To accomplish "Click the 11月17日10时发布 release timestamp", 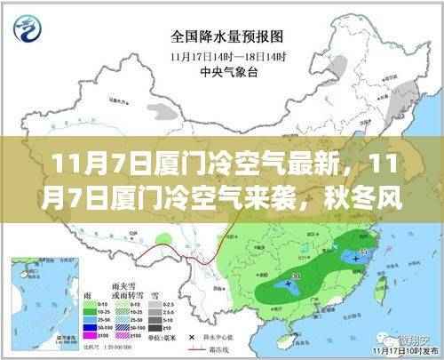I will pyautogui.click(x=400, y=353).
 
